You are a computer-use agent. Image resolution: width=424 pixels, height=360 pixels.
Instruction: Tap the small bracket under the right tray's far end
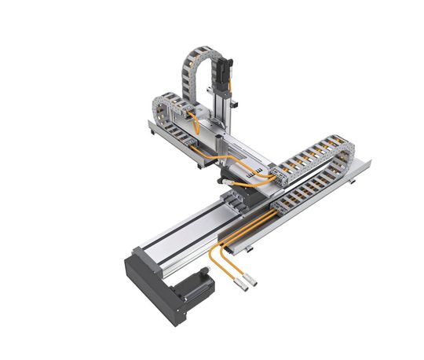point(353,182)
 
